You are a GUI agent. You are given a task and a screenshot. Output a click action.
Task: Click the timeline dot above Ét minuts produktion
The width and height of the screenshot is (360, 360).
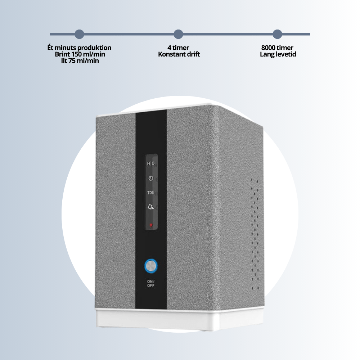[80, 34]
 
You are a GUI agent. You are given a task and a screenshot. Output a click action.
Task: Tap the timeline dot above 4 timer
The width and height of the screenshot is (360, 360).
[179, 34]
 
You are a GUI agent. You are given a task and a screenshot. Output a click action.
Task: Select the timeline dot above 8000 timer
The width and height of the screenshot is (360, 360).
[277, 34]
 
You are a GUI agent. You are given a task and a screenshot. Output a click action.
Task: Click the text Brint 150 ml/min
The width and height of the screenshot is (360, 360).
[80, 54]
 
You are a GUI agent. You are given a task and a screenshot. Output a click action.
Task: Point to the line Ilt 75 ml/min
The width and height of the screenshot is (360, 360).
[80, 61]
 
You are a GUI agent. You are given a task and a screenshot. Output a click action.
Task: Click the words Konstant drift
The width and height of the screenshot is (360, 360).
[179, 54]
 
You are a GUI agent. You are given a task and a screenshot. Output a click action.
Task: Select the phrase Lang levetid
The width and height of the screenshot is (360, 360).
[278, 54]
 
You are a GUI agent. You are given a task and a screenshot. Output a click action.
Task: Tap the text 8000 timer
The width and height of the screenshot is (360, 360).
[278, 48]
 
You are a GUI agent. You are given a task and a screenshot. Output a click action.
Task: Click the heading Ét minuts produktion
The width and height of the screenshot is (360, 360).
[80, 48]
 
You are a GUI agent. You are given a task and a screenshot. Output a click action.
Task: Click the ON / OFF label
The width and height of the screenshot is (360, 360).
[151, 283]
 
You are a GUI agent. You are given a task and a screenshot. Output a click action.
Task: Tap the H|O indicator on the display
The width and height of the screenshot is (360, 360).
[151, 164]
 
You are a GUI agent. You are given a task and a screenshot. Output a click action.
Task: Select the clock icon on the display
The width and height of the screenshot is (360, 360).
[151, 178]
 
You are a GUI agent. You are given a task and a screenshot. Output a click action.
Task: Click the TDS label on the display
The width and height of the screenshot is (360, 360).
[150, 193]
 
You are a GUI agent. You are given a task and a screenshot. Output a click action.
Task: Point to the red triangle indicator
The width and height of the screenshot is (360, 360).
[151, 225]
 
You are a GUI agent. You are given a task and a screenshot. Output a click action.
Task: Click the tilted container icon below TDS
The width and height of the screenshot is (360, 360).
[150, 207]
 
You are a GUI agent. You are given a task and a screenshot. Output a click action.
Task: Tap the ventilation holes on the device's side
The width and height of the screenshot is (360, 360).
[255, 234]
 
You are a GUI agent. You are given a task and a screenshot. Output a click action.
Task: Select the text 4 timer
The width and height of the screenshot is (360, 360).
[179, 48]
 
